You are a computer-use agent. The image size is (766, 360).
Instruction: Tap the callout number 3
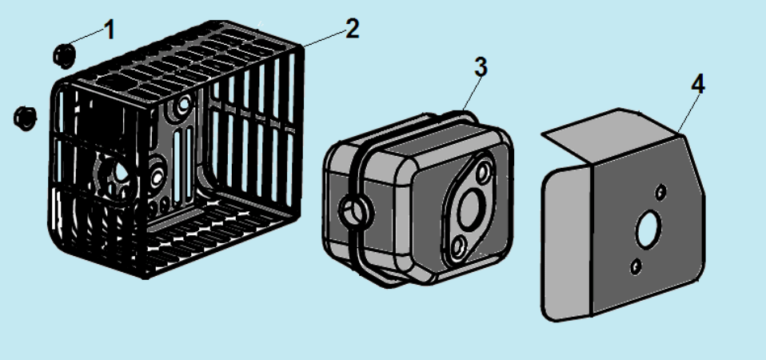coord(480,68)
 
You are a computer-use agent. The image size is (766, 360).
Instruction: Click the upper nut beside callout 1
coord(64,54)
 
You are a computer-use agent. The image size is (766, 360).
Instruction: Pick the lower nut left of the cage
coord(26,117)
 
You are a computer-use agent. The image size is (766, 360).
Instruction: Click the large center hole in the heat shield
coord(647,232)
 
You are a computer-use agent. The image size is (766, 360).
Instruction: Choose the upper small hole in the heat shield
coord(660,192)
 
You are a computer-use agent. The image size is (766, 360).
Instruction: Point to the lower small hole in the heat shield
coord(636,266)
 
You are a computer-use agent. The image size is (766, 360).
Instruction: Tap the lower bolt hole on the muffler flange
coord(457,247)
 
